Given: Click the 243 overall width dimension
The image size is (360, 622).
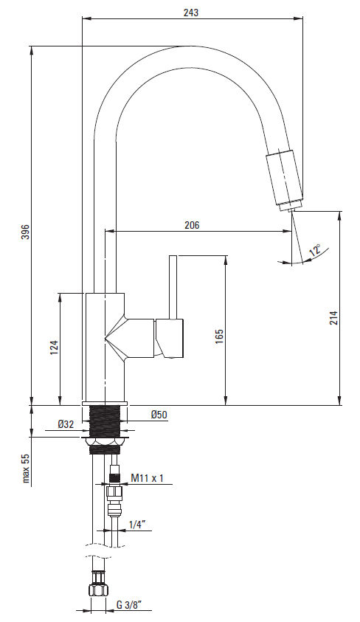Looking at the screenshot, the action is click(x=191, y=13).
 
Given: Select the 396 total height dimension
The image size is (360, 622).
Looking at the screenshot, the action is click(x=25, y=232).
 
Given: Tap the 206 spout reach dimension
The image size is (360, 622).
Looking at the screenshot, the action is click(x=192, y=225).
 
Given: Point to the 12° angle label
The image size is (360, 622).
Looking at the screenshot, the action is click(x=316, y=250).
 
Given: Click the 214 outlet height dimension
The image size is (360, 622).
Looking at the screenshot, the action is click(x=333, y=318).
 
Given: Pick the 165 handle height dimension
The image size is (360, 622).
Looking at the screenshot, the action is click(x=219, y=336).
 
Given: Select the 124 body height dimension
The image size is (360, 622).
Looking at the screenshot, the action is click(x=55, y=348).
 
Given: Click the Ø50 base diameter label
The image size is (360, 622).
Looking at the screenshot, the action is click(x=159, y=415).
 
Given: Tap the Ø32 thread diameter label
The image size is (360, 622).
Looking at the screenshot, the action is click(x=66, y=424).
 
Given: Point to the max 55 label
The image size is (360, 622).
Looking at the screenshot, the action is click(x=26, y=468).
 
